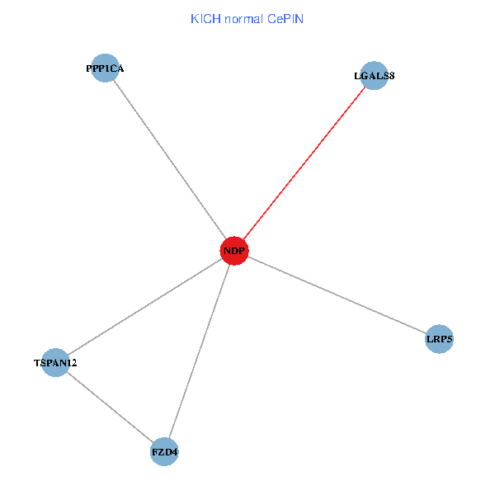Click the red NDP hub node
[x=235, y=250]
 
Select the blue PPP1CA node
[x=105, y=68]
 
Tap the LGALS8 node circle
[x=374, y=76]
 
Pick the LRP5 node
[x=440, y=338]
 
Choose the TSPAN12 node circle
[x=55, y=362]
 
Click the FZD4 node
[x=165, y=452]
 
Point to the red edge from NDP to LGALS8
[x=304, y=163]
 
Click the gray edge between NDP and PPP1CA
[x=170, y=159]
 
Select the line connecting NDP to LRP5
[x=337, y=295]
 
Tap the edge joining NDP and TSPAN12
[x=145, y=306]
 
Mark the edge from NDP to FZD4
[x=200, y=351]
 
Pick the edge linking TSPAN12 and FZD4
[x=110, y=407]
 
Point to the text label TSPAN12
[x=55, y=362]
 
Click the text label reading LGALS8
[x=374, y=76]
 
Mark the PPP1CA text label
[x=105, y=68]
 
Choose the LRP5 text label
[x=440, y=338]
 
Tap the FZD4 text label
[x=165, y=452]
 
